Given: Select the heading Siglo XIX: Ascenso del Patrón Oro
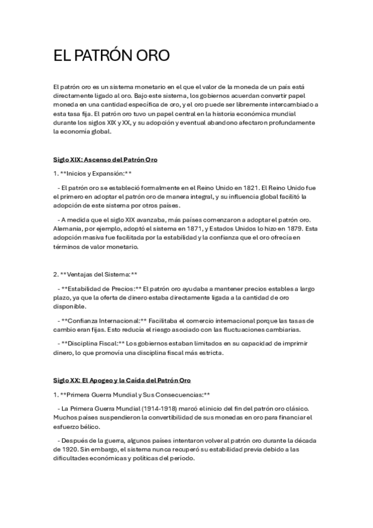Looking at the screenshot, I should [x=105, y=160].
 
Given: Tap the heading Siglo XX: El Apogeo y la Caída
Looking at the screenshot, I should [x=122, y=380].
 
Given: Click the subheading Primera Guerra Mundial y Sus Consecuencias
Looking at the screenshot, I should [x=134, y=394].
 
